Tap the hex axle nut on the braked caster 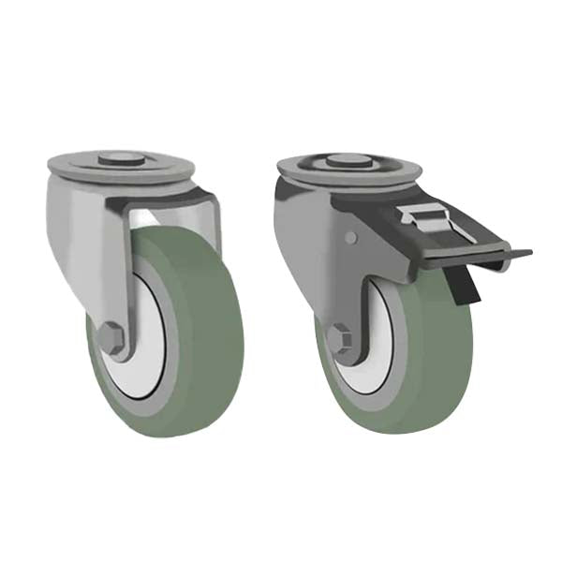340,338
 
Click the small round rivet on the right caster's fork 350,238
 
